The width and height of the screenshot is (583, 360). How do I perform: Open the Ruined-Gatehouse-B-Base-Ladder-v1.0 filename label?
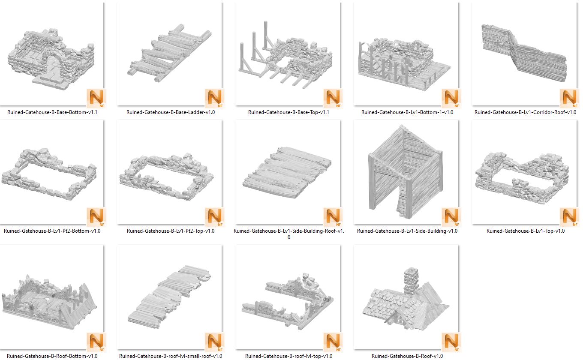point(171,112)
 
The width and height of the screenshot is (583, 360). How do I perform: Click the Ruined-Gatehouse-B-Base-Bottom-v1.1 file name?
point(52,112)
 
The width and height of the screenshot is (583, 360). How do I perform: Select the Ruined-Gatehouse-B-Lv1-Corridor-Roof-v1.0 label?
point(525,112)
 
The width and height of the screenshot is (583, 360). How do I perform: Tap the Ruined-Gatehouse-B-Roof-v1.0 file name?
point(407,356)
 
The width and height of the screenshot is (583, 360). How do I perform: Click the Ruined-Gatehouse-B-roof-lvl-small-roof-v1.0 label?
point(171,356)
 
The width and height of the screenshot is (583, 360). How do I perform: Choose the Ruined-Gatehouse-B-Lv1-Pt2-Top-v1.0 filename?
point(171,231)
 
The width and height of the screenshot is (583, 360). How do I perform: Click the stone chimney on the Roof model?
point(411,281)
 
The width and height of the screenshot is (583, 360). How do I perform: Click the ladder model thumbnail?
point(169,53)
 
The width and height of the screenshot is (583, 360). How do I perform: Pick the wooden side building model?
point(406,172)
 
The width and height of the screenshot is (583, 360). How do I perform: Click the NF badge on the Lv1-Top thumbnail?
point(569,217)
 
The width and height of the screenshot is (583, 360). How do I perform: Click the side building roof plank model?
point(287,172)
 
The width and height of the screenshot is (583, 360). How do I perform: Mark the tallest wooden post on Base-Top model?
point(266,35)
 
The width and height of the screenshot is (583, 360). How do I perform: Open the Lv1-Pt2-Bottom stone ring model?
point(49,174)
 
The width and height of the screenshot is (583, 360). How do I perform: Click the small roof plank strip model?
point(169,297)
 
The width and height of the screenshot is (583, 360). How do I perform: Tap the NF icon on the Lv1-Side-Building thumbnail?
point(451,217)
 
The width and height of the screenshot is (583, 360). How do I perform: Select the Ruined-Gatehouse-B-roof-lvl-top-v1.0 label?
point(288,356)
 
